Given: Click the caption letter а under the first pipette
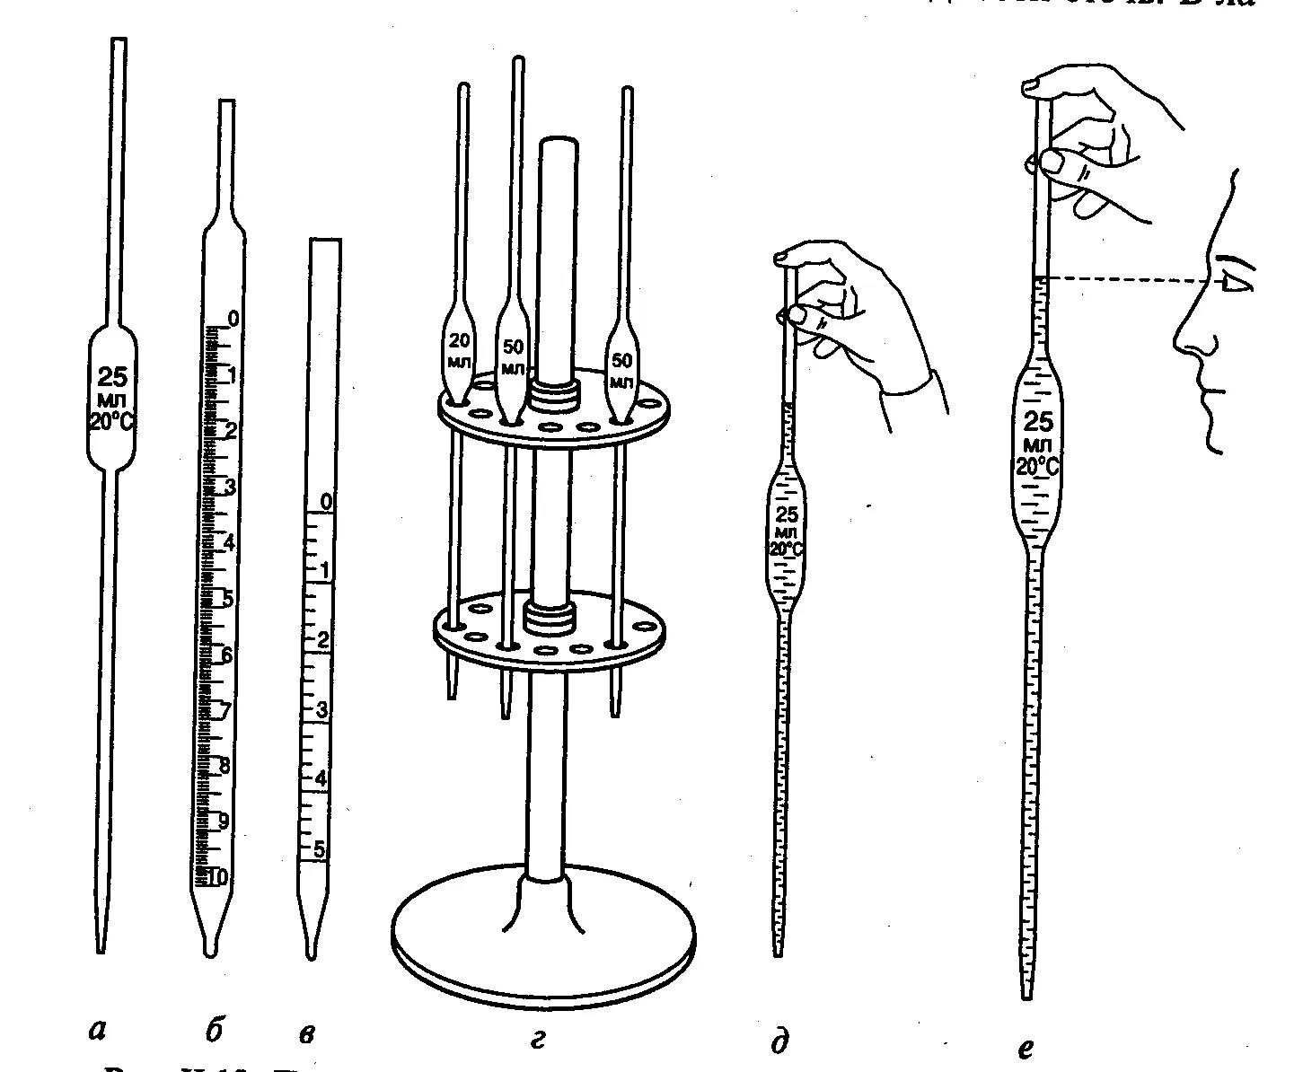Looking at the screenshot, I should click(x=99, y=1032).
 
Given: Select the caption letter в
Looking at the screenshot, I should click(x=307, y=1034).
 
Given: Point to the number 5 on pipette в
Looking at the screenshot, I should click(x=321, y=848).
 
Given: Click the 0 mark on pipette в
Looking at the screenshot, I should click(x=326, y=502).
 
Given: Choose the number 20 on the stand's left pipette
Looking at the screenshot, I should click(x=458, y=341).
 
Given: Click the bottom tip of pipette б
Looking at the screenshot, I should click(x=210, y=949).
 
